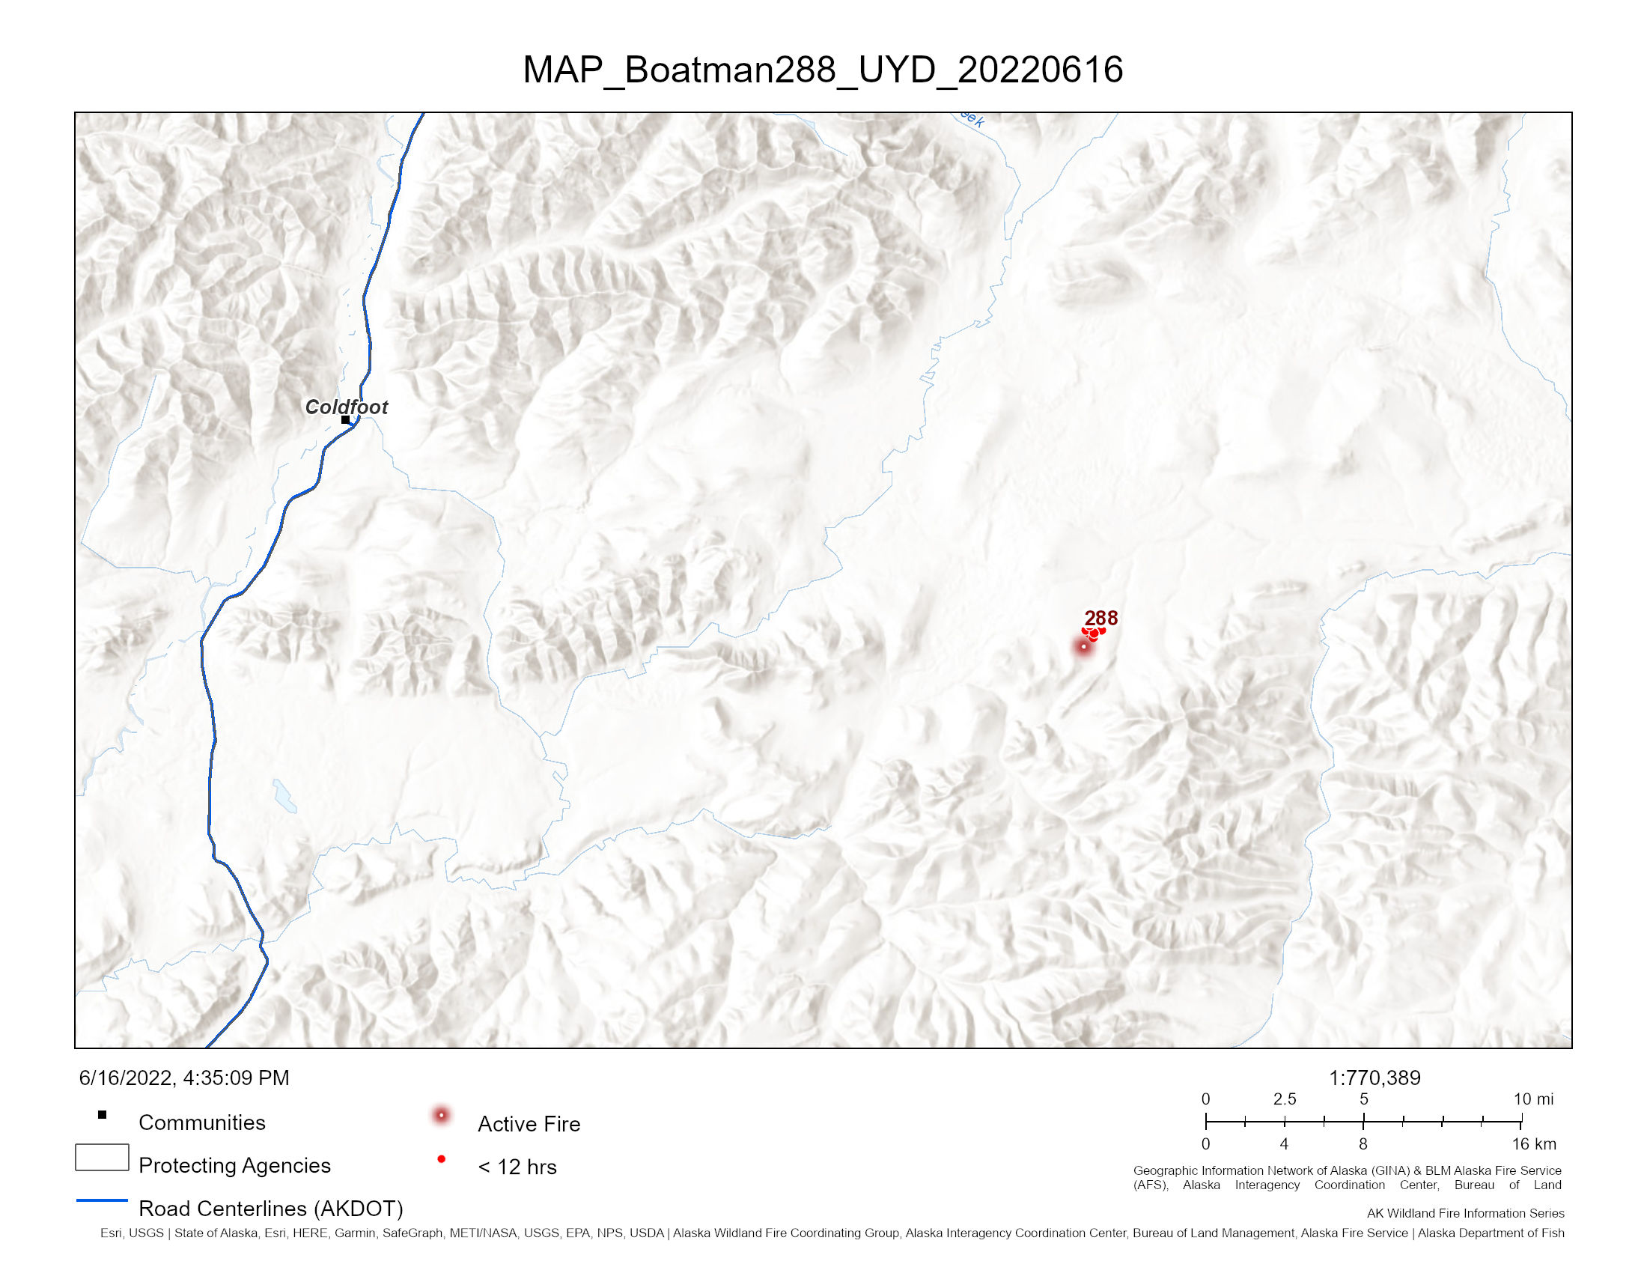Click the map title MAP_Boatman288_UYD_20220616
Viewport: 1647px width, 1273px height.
(x=823, y=70)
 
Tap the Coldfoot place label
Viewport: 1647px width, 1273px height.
(x=346, y=407)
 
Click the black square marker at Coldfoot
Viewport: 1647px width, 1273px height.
(x=345, y=420)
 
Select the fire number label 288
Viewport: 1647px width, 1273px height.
(x=1101, y=619)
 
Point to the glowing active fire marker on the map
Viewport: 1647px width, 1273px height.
(x=1084, y=646)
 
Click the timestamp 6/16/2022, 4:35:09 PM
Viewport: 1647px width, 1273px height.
(x=184, y=1078)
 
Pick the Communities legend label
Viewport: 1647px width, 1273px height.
(x=202, y=1122)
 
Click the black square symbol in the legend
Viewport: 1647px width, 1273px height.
(x=103, y=1115)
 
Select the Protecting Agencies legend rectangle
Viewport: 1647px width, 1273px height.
(x=102, y=1158)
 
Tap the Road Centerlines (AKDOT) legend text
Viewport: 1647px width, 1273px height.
(x=271, y=1209)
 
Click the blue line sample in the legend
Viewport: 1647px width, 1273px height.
(x=102, y=1200)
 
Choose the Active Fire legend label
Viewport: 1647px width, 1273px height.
(x=529, y=1124)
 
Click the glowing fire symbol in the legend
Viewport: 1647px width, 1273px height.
(x=441, y=1116)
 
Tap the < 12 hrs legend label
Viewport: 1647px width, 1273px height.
(x=517, y=1167)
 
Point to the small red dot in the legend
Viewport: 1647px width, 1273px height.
(x=441, y=1159)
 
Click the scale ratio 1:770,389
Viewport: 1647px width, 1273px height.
(x=1374, y=1078)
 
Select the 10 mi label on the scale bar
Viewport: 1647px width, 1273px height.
(x=1534, y=1099)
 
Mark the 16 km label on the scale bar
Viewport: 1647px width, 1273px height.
(x=1534, y=1144)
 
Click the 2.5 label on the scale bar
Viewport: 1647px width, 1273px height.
(x=1284, y=1099)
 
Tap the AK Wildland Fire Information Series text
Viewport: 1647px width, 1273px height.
(x=1465, y=1213)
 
